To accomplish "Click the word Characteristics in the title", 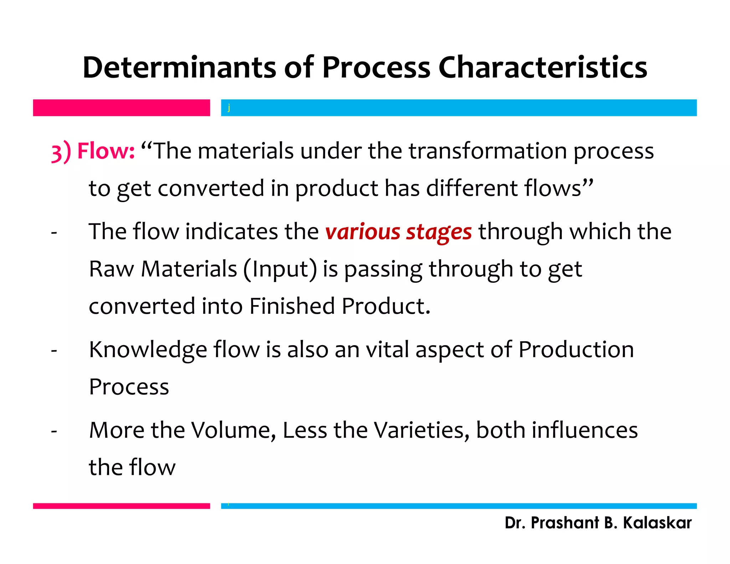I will [x=543, y=68].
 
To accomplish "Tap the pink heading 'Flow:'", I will [x=106, y=151].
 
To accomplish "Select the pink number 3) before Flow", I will [x=61, y=152].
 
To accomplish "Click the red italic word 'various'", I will [x=363, y=232].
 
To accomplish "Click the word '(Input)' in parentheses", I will [x=280, y=270].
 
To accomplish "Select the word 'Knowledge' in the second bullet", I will [x=148, y=350].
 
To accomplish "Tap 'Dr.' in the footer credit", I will [x=515, y=523].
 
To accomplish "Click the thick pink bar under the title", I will [x=121, y=108].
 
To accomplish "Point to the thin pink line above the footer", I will [x=121, y=506].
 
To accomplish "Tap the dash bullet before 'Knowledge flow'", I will [x=54, y=351].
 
